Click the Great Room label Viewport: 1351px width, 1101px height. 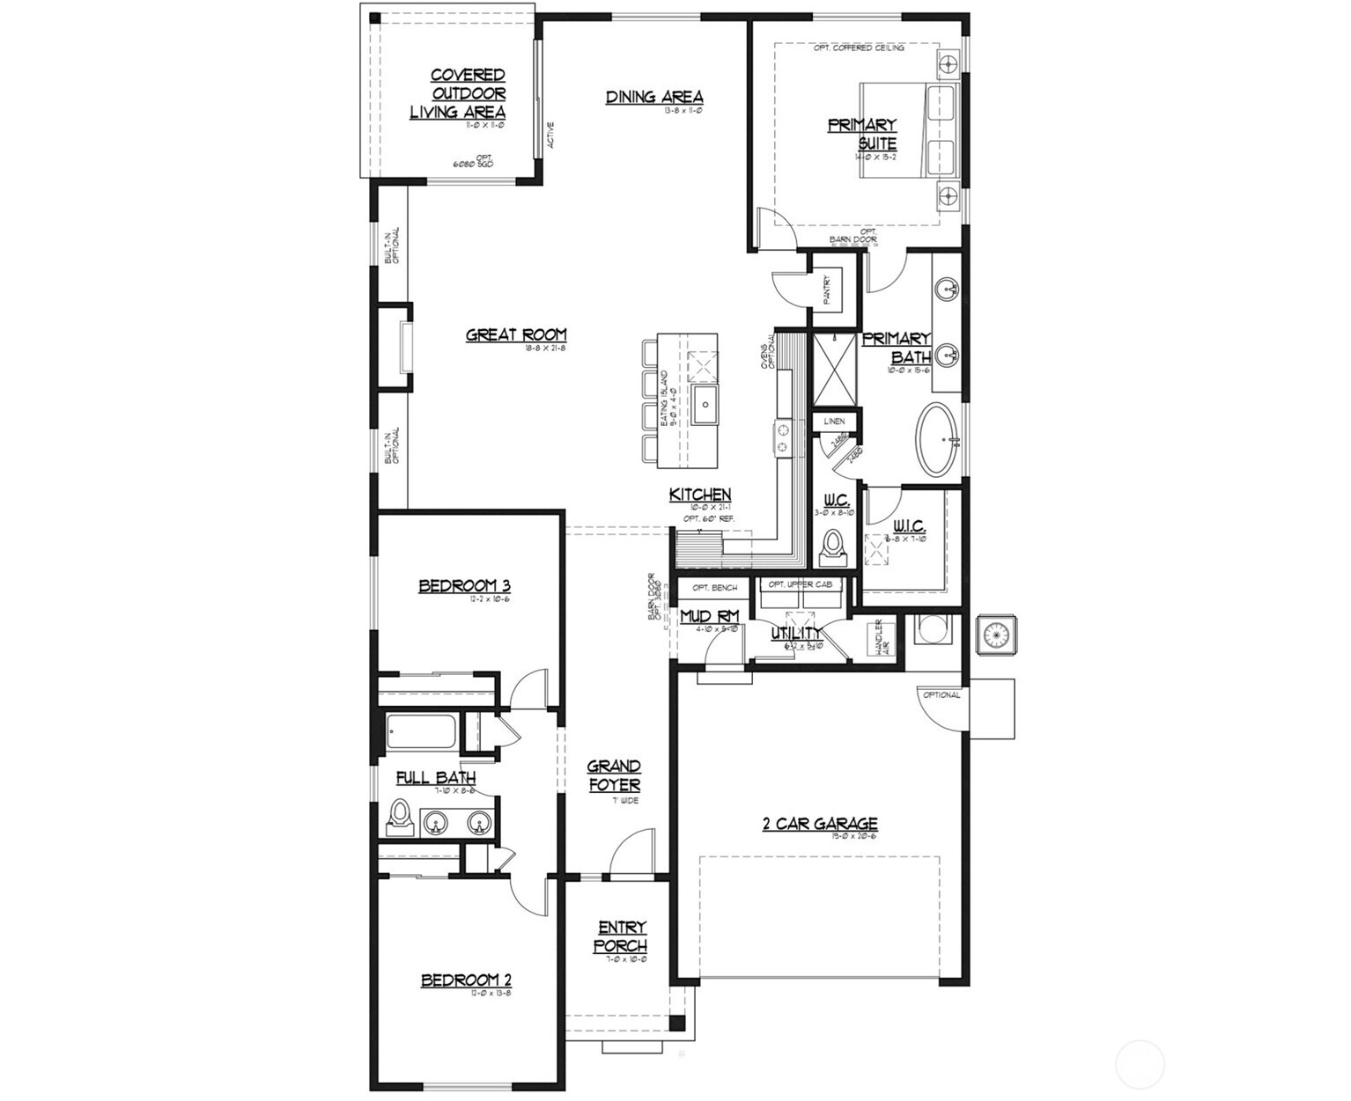point(516,334)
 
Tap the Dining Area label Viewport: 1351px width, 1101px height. point(653,97)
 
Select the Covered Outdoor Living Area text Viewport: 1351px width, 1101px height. point(459,94)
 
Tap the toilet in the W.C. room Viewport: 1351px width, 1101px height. point(831,547)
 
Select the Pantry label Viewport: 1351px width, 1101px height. point(827,290)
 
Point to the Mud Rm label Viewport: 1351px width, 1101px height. point(709,617)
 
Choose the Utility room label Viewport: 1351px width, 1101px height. point(796,633)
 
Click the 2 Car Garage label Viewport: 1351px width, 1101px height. point(819,824)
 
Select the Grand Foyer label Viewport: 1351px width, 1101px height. point(614,775)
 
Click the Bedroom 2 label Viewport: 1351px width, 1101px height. point(466,980)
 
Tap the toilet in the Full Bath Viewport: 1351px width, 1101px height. point(399,818)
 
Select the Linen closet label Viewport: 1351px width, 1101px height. point(834,422)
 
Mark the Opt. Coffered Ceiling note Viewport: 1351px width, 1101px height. point(858,48)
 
